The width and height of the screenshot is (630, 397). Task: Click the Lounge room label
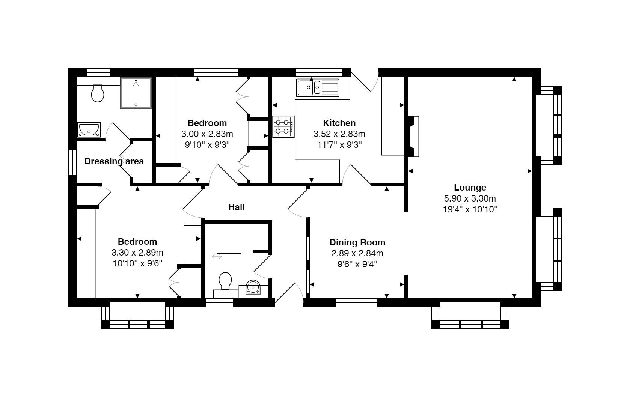(470, 188)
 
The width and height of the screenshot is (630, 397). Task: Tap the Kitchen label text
(339, 123)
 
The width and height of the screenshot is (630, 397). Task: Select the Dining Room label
(357, 242)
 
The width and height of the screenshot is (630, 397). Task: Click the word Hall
(236, 207)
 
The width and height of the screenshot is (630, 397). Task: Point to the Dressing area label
(114, 161)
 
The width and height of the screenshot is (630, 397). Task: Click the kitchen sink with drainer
(317, 88)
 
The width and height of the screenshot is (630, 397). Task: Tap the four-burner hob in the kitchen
(283, 126)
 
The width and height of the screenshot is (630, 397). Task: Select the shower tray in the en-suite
(136, 93)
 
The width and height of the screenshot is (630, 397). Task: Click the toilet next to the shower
(98, 93)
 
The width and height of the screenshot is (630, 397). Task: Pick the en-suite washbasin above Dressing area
(89, 130)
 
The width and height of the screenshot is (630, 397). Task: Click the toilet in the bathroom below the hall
(225, 282)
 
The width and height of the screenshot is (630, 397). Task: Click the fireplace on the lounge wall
(413, 137)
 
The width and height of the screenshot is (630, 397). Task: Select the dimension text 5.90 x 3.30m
(470, 198)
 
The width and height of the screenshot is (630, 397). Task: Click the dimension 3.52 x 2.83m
(339, 134)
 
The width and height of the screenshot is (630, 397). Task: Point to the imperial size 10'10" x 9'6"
(137, 263)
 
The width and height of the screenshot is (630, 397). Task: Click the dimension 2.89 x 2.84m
(357, 253)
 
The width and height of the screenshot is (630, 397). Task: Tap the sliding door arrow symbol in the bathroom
(217, 257)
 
